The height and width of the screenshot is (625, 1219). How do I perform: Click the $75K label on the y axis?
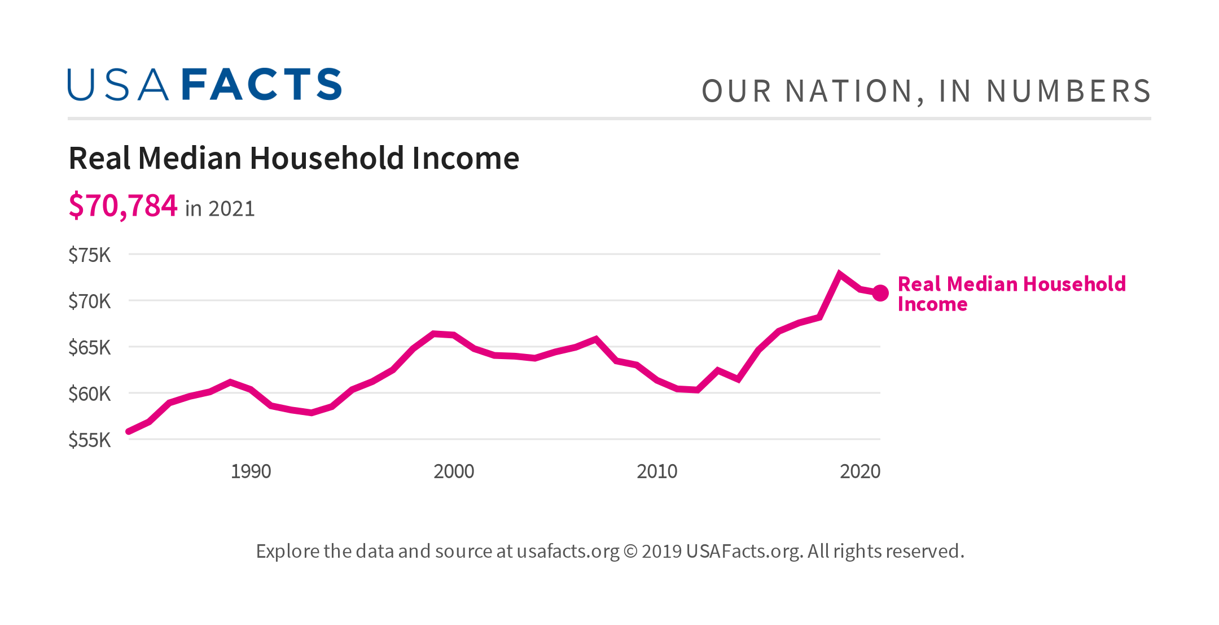[89, 255]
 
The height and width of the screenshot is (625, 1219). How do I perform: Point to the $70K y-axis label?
[89, 301]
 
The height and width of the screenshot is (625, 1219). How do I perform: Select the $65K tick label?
[89, 348]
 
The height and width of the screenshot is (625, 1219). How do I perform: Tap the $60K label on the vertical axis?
[89, 394]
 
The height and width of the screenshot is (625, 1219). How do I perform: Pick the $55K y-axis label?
[89, 440]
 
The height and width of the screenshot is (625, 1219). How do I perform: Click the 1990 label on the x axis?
[251, 471]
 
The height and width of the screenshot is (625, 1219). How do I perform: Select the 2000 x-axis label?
[454, 471]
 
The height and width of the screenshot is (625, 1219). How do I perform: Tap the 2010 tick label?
[657, 471]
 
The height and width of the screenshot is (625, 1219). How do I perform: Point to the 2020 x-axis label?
[860, 471]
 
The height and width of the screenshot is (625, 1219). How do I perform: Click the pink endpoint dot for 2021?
[880, 293]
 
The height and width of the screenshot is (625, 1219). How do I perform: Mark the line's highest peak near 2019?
[840, 274]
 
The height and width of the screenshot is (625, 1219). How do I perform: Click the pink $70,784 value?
[123, 206]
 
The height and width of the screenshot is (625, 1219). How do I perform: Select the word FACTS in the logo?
[262, 85]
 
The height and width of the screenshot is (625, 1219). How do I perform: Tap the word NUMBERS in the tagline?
[1068, 91]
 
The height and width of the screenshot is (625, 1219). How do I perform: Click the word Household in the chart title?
[327, 158]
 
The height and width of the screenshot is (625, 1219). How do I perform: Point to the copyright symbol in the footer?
[630, 551]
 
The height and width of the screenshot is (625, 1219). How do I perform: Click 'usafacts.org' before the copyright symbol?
[568, 551]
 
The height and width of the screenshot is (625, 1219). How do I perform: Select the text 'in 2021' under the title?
[220, 209]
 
